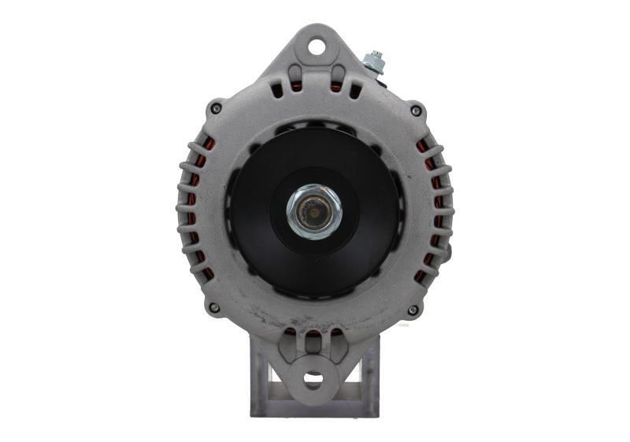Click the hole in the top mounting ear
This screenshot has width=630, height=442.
coord(316,46)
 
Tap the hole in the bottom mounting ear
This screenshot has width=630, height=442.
coord(313,380)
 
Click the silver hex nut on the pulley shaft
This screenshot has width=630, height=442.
coord(314,211)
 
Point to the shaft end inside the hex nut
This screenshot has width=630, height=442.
coord(314,211)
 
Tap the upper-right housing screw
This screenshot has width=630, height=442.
coord(415,110)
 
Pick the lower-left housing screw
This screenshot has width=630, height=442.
coord(214,308)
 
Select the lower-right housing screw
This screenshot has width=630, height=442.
coord(413,310)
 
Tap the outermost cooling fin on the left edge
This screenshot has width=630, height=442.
coord(181,210)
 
